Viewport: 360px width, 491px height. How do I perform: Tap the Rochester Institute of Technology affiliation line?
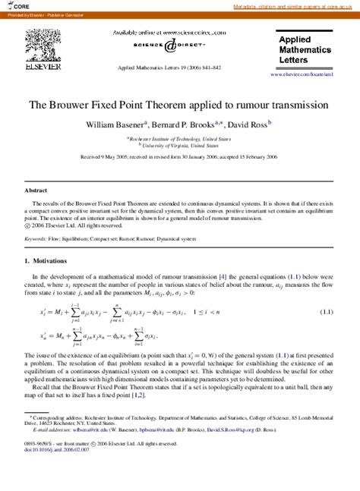click(179, 139)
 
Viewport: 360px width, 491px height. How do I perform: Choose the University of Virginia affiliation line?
click(180, 146)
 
